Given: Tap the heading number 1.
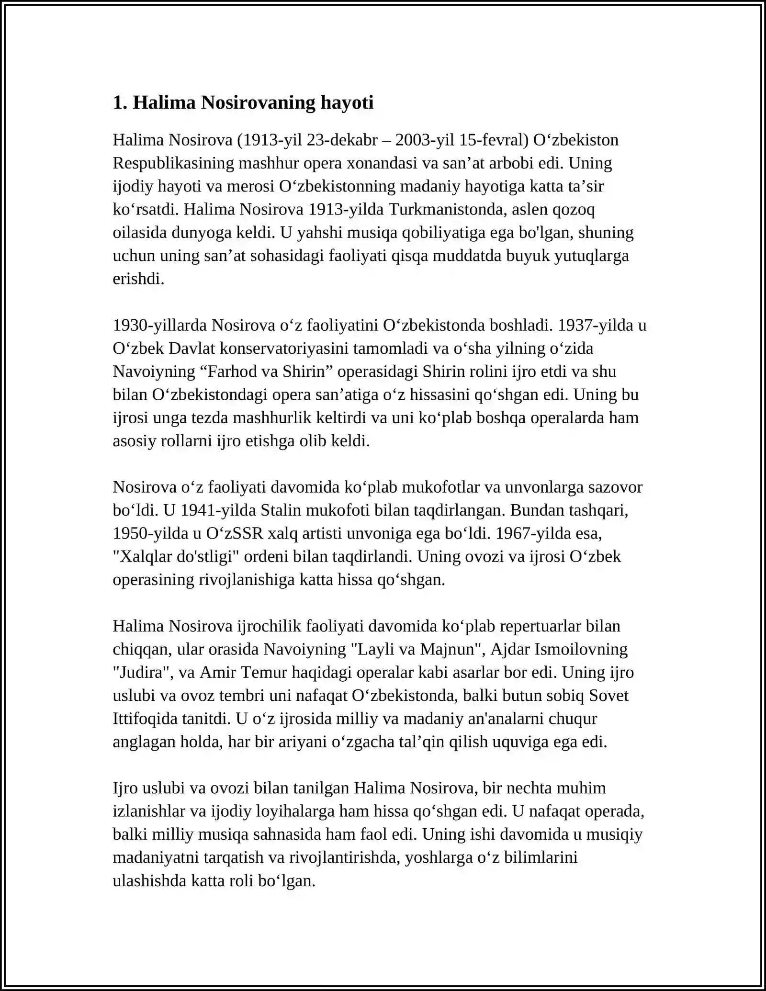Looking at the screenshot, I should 119,103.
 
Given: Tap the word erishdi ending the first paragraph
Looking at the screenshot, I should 138,279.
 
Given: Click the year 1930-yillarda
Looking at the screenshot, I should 160,325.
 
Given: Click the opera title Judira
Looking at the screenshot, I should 143,673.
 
